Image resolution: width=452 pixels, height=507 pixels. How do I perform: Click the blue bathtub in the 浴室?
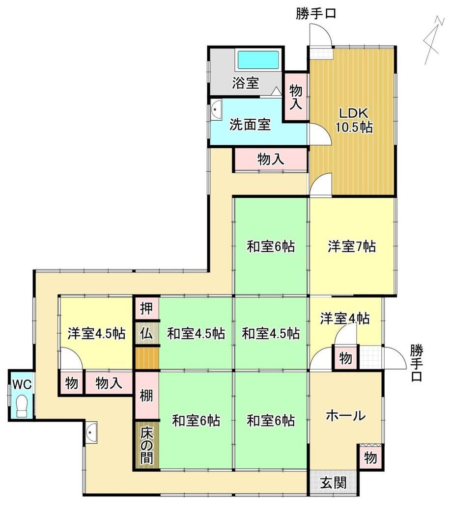[x=258, y=60]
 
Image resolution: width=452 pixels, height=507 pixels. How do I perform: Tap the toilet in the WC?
[x=22, y=406]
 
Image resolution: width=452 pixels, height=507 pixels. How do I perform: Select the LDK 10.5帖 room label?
[x=353, y=120]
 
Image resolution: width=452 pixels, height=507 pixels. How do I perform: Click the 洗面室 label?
[x=250, y=125]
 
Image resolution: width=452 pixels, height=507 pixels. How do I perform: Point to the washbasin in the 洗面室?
[x=217, y=109]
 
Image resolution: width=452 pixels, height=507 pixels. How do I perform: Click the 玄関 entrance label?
[x=334, y=483]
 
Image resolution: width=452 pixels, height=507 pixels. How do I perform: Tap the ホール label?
[x=345, y=415]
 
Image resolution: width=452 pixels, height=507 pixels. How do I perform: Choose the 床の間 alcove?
[x=147, y=446]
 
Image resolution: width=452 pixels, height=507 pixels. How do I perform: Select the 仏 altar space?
[x=147, y=334]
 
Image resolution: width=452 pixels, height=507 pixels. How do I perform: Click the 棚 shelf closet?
[x=147, y=396]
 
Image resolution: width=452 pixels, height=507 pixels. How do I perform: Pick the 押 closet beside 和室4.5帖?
[x=147, y=308]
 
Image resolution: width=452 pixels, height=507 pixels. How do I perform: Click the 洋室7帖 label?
[x=352, y=246]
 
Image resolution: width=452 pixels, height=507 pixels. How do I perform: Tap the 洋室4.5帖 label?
[x=96, y=333]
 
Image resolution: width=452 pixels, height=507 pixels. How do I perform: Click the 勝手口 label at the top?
[x=316, y=14]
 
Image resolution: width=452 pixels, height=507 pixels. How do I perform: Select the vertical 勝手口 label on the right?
[x=417, y=363]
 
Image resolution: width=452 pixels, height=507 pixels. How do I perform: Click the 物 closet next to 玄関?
[x=370, y=458]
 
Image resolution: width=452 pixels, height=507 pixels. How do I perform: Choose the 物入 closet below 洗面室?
[x=271, y=159]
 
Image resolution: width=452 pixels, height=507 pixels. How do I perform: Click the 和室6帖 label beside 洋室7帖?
[x=271, y=246]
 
